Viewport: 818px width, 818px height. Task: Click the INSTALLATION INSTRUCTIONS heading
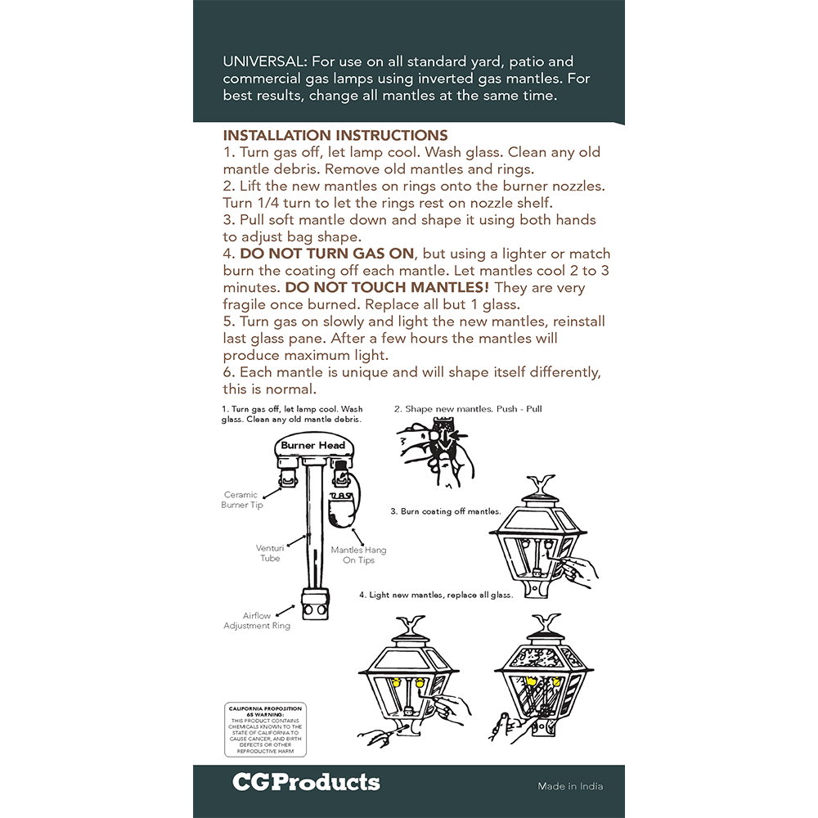[x=335, y=136]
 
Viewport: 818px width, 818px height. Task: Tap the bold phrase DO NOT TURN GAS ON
[x=327, y=254]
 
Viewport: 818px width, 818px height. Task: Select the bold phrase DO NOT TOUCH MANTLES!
[x=387, y=288]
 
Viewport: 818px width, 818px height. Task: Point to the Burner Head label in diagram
[x=312, y=446]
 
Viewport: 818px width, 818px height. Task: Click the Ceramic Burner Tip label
[x=241, y=500]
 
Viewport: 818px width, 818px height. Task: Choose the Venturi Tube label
[x=270, y=553]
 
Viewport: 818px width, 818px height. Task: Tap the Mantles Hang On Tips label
[x=358, y=555]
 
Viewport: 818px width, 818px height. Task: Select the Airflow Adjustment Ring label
[x=257, y=621]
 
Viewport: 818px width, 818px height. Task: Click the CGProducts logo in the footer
[x=306, y=782]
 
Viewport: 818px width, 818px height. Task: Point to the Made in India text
[x=570, y=786]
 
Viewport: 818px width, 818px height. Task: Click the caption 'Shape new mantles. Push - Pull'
[x=468, y=409]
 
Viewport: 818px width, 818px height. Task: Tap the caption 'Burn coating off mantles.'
[x=445, y=511]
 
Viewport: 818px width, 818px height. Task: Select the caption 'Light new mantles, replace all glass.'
[x=436, y=595]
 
